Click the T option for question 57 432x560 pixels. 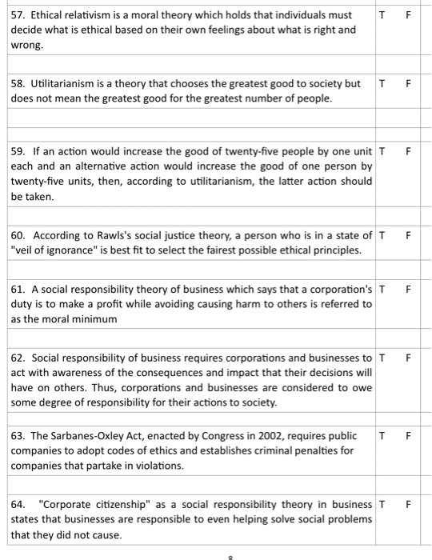(383, 14)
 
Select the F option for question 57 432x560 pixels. (408, 14)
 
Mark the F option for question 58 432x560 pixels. (408, 83)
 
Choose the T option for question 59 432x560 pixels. (382, 151)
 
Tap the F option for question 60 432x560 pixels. (408, 235)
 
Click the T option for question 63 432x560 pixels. (383, 436)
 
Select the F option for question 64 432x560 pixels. (408, 504)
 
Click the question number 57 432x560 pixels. (18, 14)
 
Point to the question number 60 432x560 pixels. (18, 235)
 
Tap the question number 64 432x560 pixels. (18, 504)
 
